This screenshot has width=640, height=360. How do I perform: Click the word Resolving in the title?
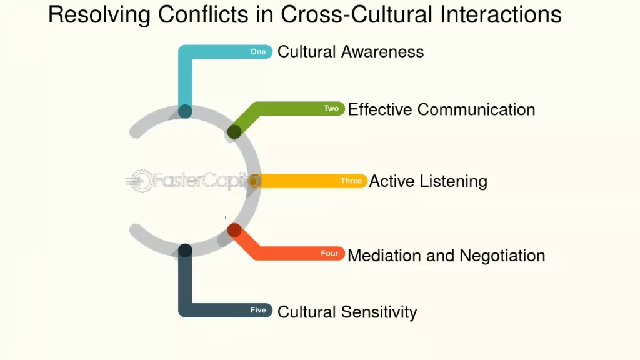pyautogui.click(x=99, y=16)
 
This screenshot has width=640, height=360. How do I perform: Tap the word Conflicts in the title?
pyautogui.click(x=203, y=15)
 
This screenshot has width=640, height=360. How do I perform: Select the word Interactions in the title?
pyautogui.click(x=501, y=15)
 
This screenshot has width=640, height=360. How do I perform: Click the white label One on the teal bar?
pyautogui.click(x=258, y=52)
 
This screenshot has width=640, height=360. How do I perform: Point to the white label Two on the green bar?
pyautogui.click(x=331, y=109)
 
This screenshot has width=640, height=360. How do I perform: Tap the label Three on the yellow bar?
pyautogui.click(x=351, y=181)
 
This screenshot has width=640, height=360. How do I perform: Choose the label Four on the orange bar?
pyautogui.click(x=329, y=254)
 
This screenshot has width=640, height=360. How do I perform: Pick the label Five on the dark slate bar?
pyautogui.click(x=258, y=310)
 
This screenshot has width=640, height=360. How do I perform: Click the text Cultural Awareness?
pyautogui.click(x=351, y=52)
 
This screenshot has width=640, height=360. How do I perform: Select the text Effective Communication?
pyautogui.click(x=441, y=109)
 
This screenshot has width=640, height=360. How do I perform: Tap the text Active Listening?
pyautogui.click(x=428, y=181)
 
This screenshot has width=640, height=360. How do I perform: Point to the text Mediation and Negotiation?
pyautogui.click(x=446, y=256)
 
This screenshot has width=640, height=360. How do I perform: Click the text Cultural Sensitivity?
pyautogui.click(x=347, y=312)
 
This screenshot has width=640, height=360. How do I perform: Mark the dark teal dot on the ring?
pyautogui.click(x=185, y=111)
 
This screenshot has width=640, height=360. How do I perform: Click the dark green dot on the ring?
pyautogui.click(x=234, y=132)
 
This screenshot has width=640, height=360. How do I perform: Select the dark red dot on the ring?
pyautogui.click(x=234, y=230)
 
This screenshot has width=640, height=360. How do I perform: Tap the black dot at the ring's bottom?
pyautogui.click(x=185, y=251)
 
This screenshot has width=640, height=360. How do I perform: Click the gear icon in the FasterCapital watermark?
pyautogui.click(x=141, y=181)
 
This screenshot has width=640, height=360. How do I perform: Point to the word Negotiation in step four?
pyautogui.click(x=502, y=256)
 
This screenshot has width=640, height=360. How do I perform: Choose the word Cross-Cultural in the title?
pyautogui.click(x=356, y=15)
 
